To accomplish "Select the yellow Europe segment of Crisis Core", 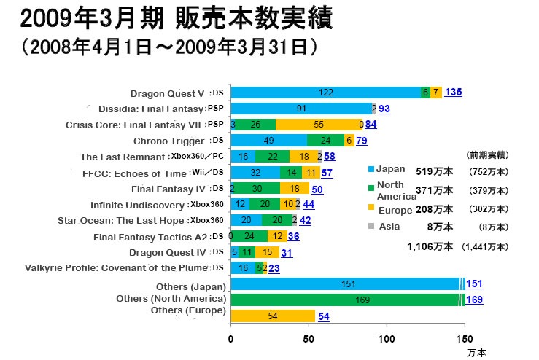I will point(319,124).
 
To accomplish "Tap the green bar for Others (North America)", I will point(346,299).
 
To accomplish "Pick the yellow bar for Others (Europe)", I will point(273,316).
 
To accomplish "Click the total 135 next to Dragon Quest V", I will point(453,93).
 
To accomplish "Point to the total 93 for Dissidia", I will point(384,109).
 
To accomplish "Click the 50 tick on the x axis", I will point(309,339).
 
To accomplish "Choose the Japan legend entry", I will point(387,169).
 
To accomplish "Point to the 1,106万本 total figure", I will point(431,247).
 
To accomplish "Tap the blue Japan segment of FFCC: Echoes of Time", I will point(255,173).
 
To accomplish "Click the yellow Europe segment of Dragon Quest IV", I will point(267,252).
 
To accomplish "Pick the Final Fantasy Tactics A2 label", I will point(151,237).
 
